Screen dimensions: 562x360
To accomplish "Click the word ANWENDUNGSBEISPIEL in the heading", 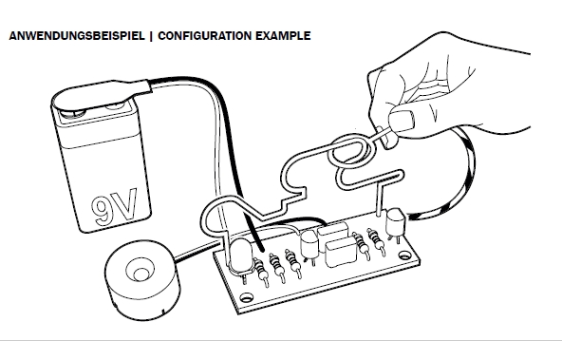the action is tap(77, 36).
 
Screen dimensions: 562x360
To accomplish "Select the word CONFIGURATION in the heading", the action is tap(205, 36).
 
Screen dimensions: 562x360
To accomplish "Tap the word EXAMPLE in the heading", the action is tap(283, 36).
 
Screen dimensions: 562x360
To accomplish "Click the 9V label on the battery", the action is tap(114, 206).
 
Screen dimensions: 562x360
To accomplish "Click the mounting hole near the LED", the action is tap(246, 297).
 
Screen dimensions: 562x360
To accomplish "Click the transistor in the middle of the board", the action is tap(309, 243).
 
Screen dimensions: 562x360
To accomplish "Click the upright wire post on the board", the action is tap(379, 199).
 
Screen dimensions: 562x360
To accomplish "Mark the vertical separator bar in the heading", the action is tap(151, 36).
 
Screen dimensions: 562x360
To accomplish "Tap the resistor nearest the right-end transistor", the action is tap(375, 239).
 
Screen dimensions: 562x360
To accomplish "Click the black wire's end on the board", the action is tap(261, 249).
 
